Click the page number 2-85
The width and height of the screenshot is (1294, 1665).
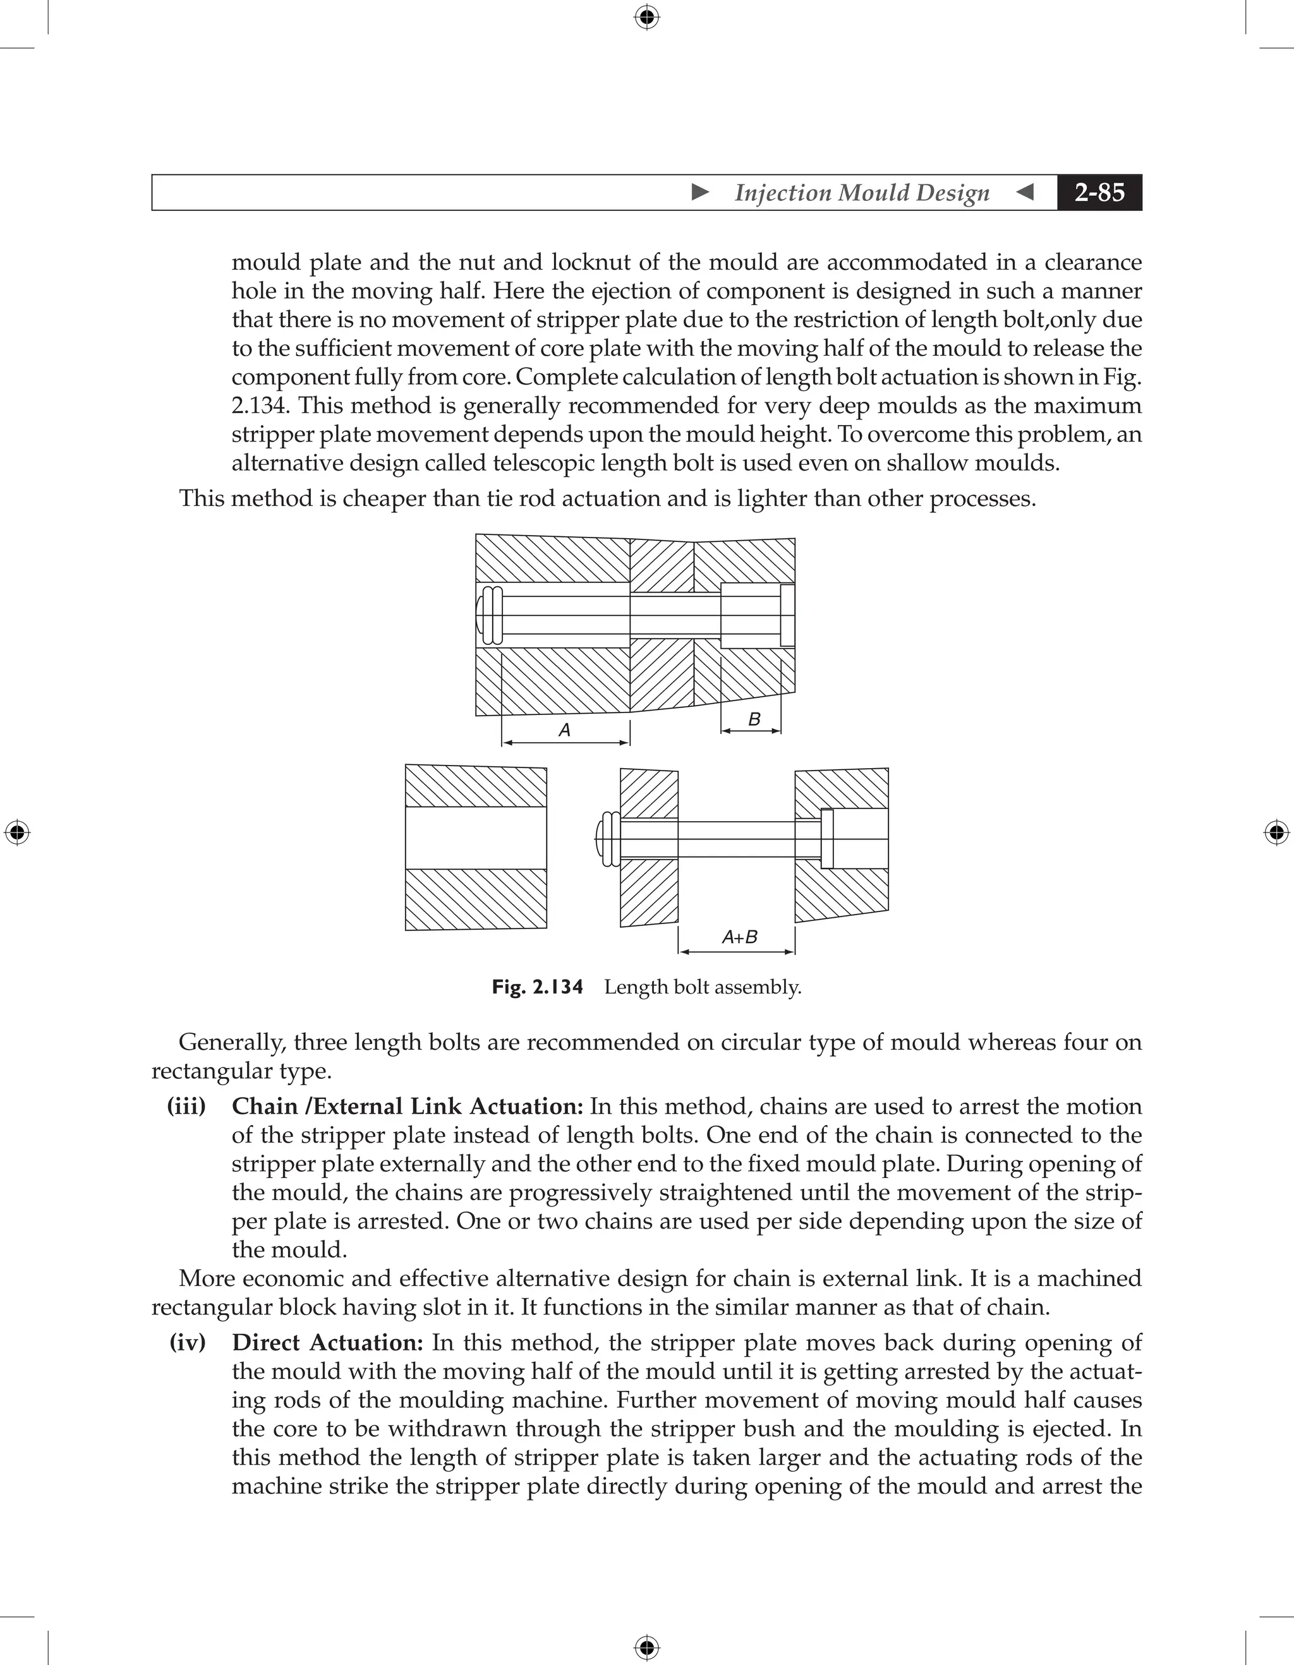click(1099, 192)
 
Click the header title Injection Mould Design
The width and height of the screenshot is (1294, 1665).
click(862, 192)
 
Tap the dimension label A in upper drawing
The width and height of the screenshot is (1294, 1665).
click(564, 730)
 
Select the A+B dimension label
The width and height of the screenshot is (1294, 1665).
click(739, 937)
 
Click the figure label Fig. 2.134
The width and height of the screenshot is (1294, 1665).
click(537, 987)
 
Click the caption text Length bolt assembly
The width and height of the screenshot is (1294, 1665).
click(702, 987)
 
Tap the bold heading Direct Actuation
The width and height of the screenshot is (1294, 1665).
click(328, 1342)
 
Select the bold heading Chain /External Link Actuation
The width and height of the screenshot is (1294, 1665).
click(407, 1106)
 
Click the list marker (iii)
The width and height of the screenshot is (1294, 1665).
click(186, 1106)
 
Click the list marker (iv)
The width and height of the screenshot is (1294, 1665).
click(188, 1342)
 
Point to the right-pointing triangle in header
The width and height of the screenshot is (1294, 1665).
click(700, 192)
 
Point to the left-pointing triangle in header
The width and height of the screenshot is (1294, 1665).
click(1025, 192)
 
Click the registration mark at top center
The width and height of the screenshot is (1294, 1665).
click(646, 17)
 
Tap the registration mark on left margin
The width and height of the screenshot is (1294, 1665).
click(17, 832)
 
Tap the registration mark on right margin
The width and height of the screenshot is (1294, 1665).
click(1276, 832)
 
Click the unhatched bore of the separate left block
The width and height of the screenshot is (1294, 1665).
click(475, 837)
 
